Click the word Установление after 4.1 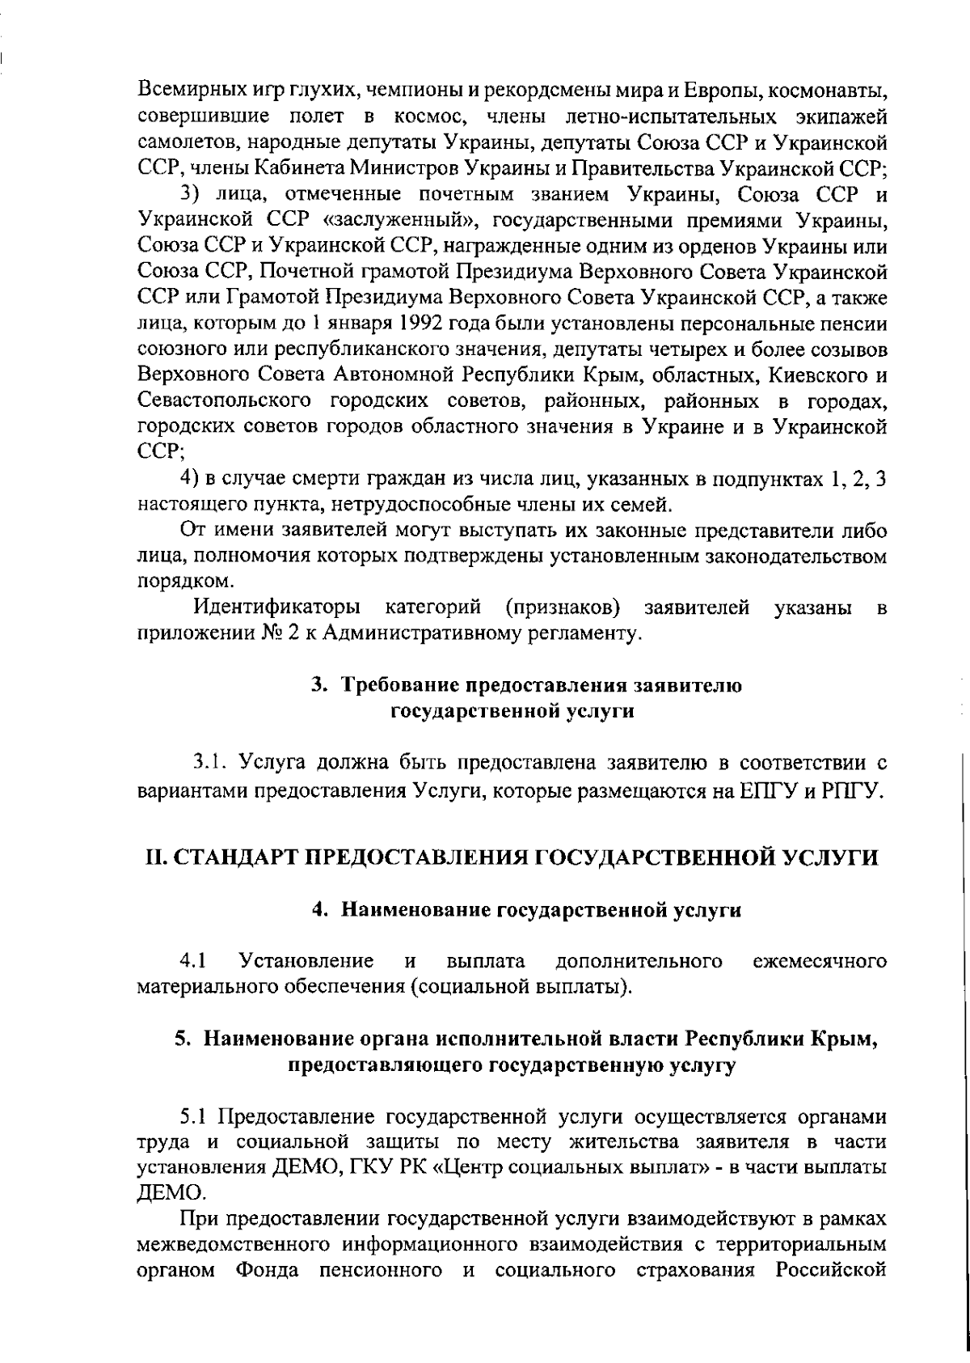click(306, 962)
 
